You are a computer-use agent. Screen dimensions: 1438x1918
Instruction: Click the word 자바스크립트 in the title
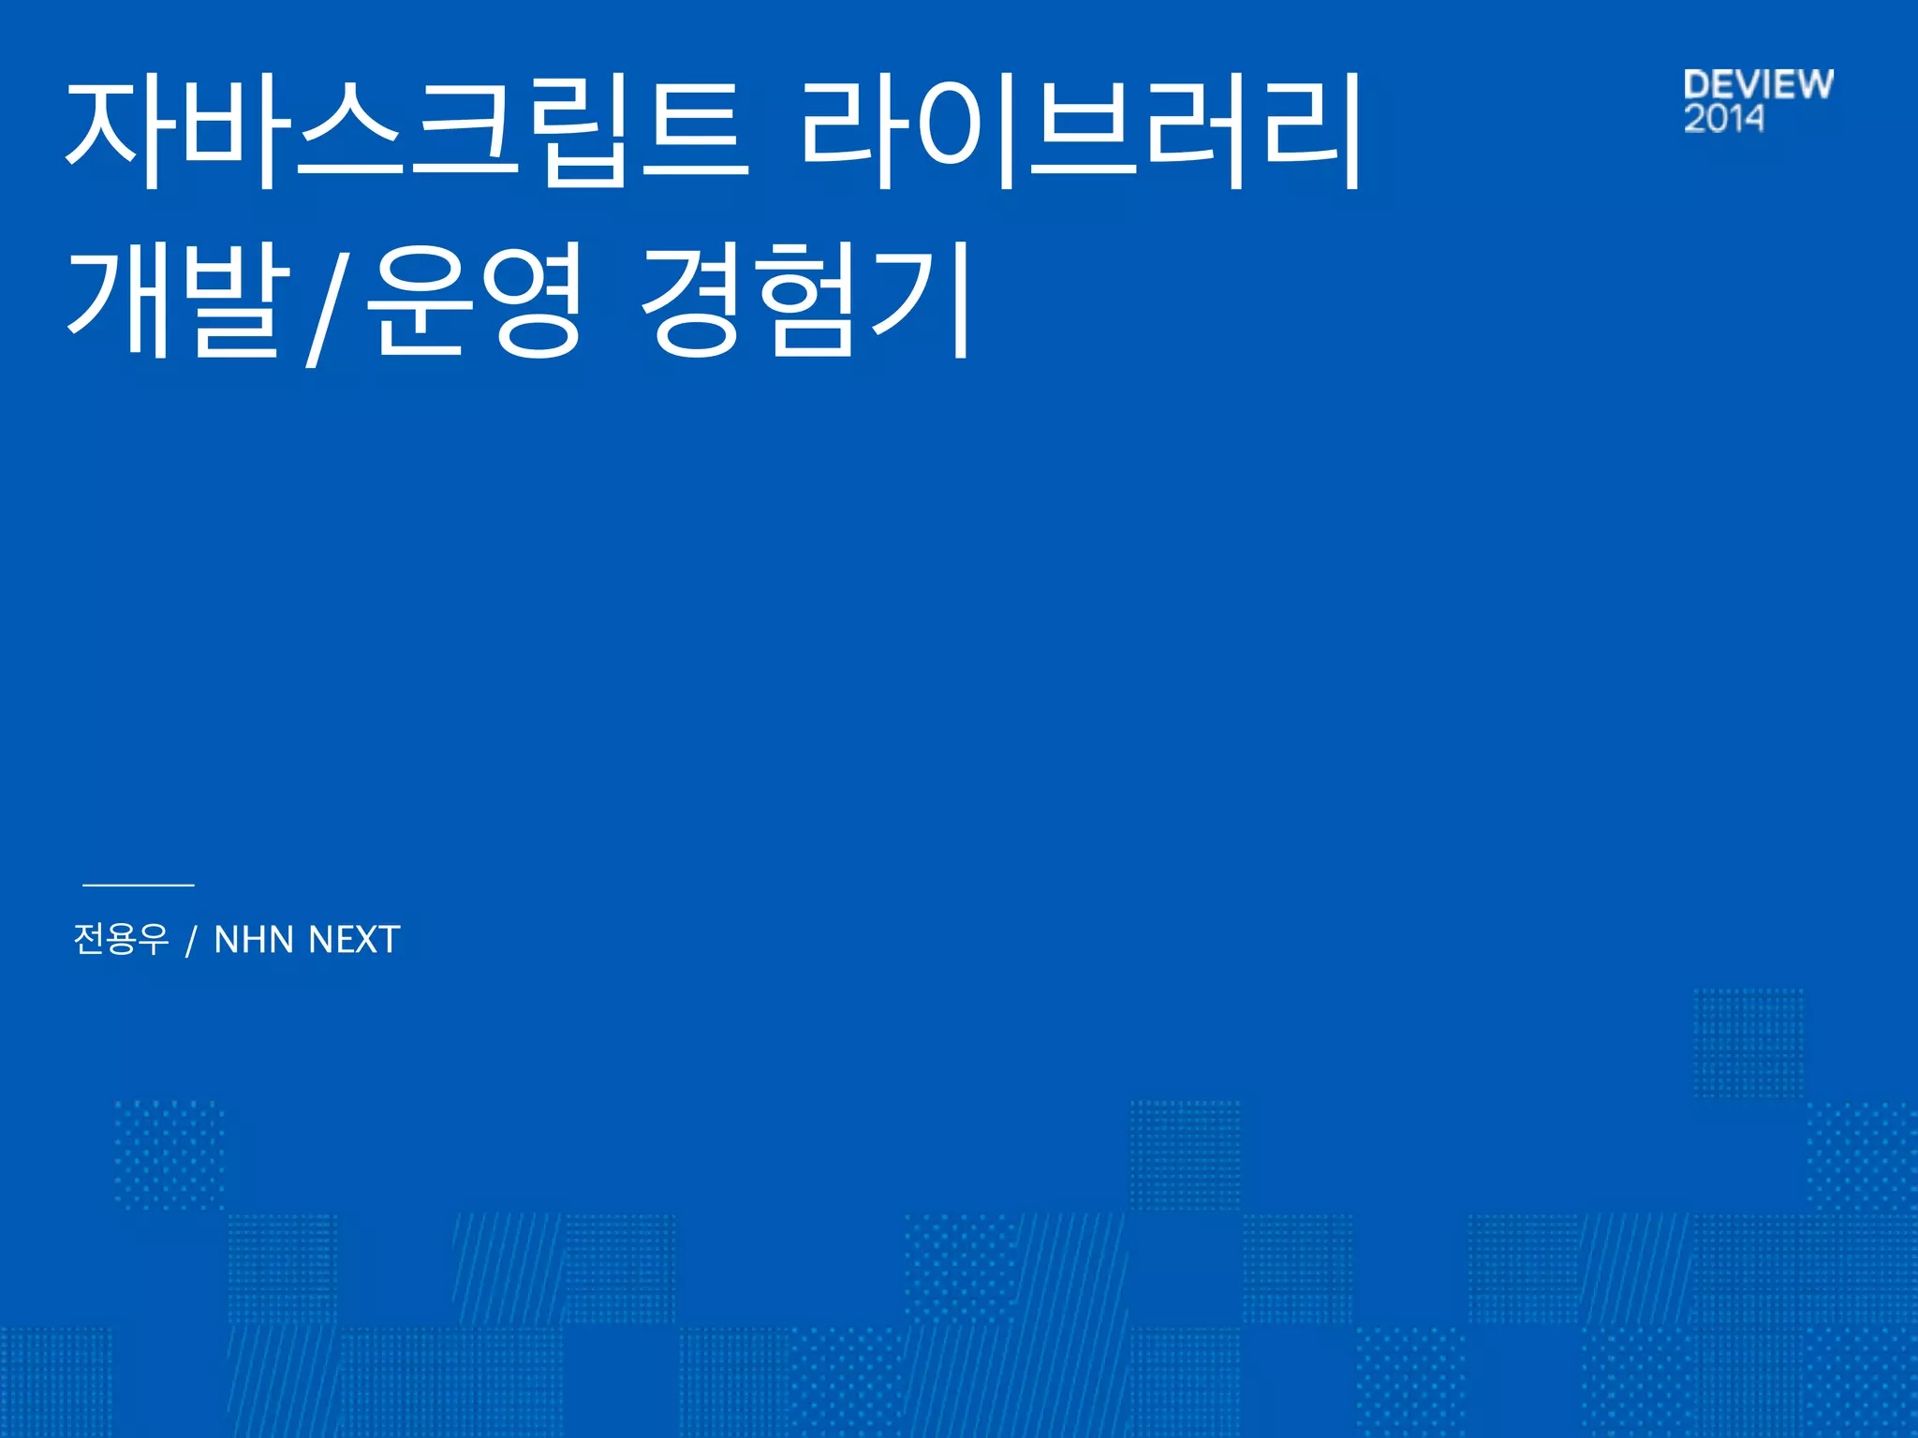pyautogui.click(x=407, y=131)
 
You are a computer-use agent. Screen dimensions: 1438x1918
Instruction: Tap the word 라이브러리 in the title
pyautogui.click(x=1082, y=131)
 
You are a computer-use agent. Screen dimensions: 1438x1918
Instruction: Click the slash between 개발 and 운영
pyautogui.click(x=324, y=304)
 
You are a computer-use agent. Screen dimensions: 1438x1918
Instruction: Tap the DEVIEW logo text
pyautogui.click(x=1758, y=84)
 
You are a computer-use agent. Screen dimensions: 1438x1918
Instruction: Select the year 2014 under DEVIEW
pyautogui.click(x=1723, y=119)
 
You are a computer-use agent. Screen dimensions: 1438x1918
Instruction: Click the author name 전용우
pyautogui.click(x=121, y=938)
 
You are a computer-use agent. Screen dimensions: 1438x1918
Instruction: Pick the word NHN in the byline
pyautogui.click(x=253, y=939)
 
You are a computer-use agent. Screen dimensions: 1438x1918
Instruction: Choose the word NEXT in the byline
pyautogui.click(x=354, y=939)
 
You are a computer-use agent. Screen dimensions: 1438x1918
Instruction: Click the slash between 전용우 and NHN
pyautogui.click(x=191, y=940)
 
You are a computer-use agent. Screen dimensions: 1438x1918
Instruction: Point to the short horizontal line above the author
pyautogui.click(x=139, y=884)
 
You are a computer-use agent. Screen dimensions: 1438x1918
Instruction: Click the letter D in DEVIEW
pyautogui.click(x=1697, y=84)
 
